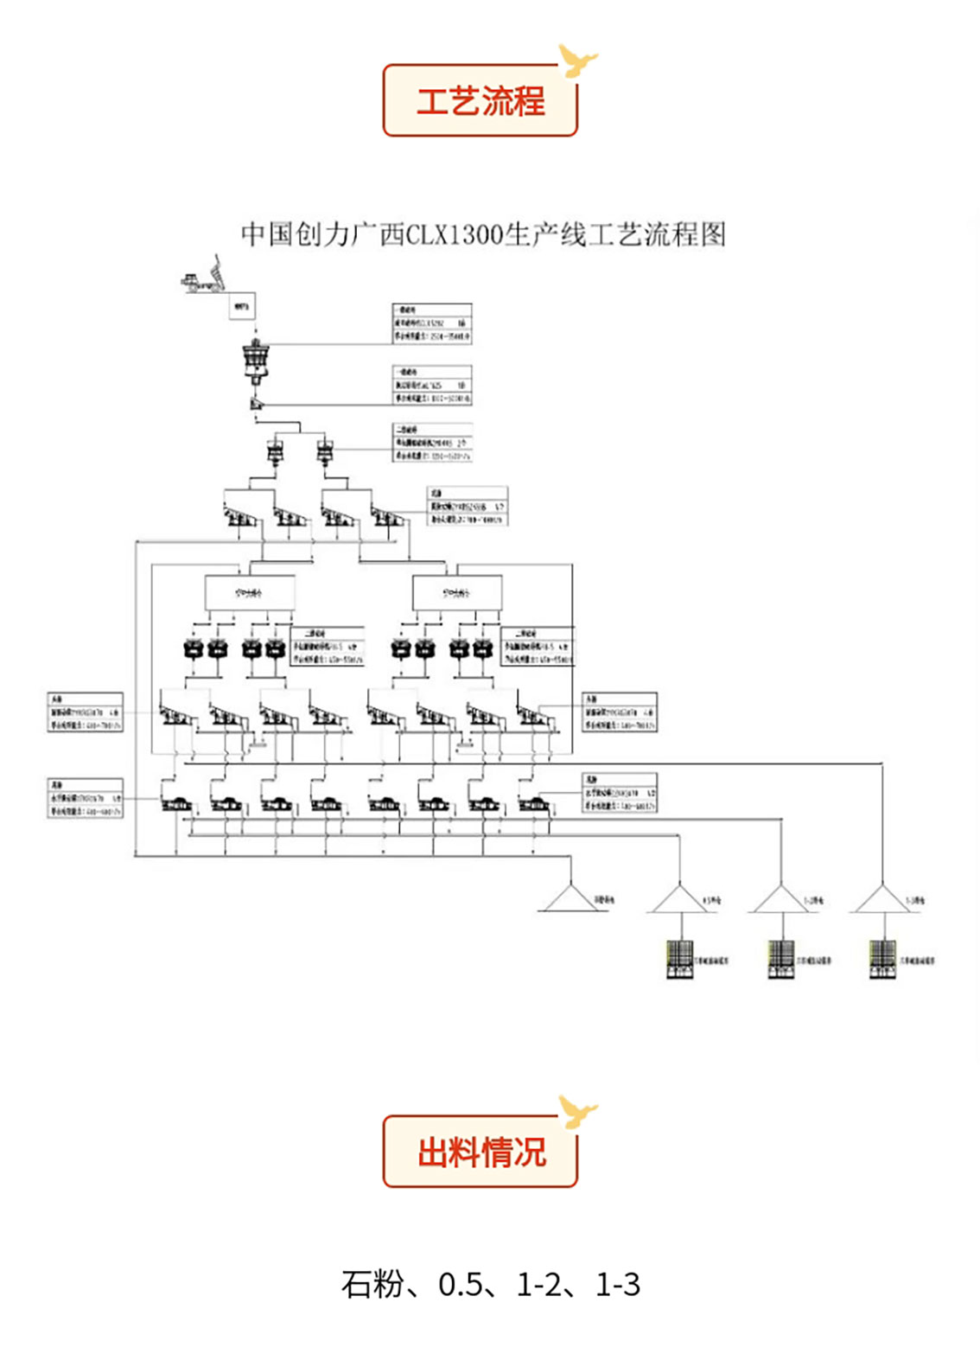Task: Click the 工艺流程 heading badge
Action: click(480, 100)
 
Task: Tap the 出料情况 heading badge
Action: click(480, 1151)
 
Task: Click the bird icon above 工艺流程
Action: click(576, 61)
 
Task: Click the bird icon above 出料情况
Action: click(576, 1111)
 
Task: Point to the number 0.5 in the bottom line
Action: click(461, 1284)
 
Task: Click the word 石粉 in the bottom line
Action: click(372, 1284)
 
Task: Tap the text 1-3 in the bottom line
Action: click(618, 1284)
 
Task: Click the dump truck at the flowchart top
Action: click(202, 275)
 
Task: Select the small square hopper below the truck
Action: click(242, 305)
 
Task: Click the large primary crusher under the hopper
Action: click(255, 361)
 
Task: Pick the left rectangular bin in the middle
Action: click(249, 593)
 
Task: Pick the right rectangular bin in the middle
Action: click(456, 593)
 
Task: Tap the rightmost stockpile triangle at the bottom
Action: click(882, 899)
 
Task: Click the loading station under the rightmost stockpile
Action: click(882, 959)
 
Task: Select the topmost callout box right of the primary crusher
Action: click(432, 323)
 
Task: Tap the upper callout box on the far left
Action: click(85, 712)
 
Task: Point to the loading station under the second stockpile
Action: click(680, 959)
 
